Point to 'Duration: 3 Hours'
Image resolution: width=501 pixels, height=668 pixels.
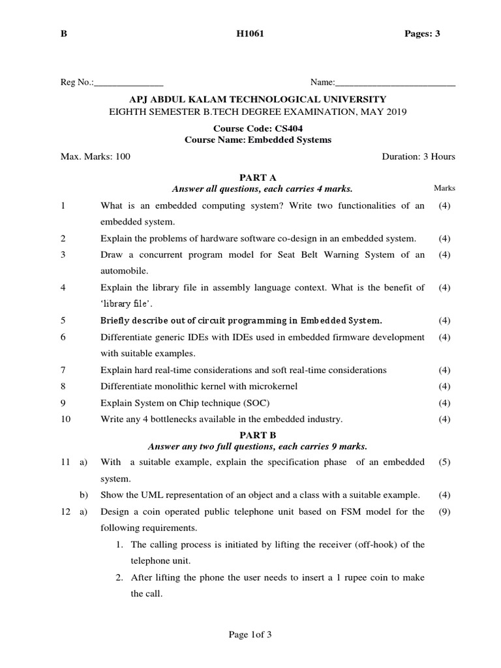[x=417, y=157]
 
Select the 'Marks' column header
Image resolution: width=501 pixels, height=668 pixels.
[x=444, y=189]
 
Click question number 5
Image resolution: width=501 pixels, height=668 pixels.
[x=63, y=320]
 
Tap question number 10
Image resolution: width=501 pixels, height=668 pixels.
[x=65, y=419]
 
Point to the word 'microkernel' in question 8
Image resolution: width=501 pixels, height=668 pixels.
[x=273, y=386]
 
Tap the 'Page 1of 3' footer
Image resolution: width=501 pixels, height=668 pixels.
[x=250, y=636]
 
